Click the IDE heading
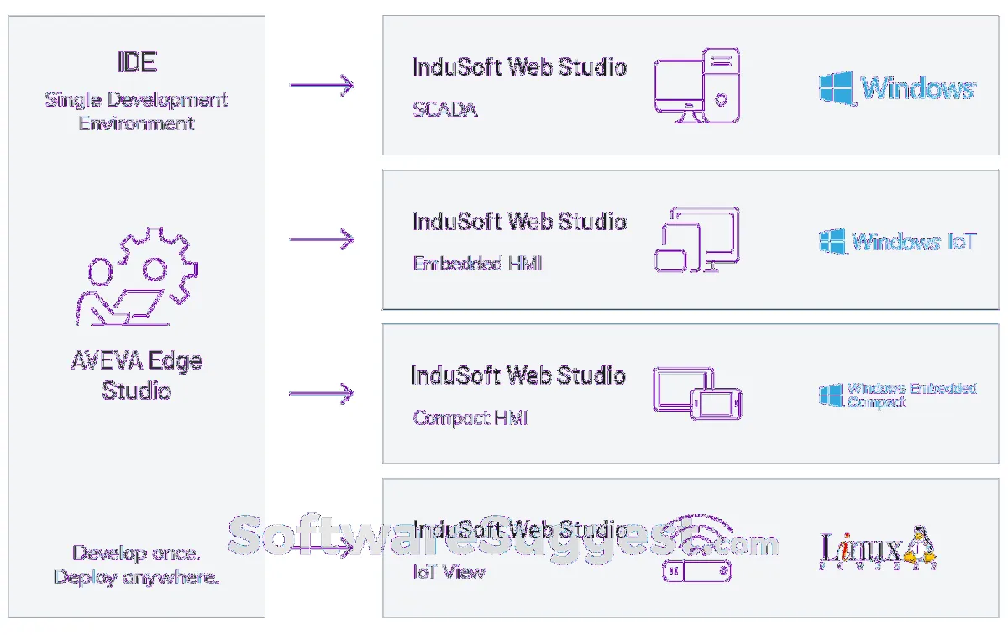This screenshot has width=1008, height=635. (136, 62)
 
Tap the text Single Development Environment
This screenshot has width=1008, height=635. (136, 111)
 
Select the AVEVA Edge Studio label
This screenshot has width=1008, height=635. (136, 375)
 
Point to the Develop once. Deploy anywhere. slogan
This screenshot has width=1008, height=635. (136, 565)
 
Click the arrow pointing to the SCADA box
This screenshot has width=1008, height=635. (322, 85)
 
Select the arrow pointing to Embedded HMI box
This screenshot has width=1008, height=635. (322, 239)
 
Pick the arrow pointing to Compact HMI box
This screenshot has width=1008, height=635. (322, 393)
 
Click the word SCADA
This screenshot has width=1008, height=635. (445, 110)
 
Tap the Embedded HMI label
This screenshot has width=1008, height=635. (477, 264)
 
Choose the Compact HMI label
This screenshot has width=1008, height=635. (470, 417)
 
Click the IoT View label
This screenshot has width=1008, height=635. (449, 572)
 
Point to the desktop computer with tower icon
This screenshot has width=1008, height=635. (697, 86)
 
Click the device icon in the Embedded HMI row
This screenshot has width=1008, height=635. (696, 239)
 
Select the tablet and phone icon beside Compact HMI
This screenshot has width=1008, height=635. (696, 393)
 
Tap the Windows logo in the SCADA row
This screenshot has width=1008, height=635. (897, 87)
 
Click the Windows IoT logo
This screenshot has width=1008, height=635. (897, 242)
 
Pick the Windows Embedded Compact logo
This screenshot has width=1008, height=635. (897, 395)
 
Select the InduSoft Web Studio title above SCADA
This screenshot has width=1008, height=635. (519, 67)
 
